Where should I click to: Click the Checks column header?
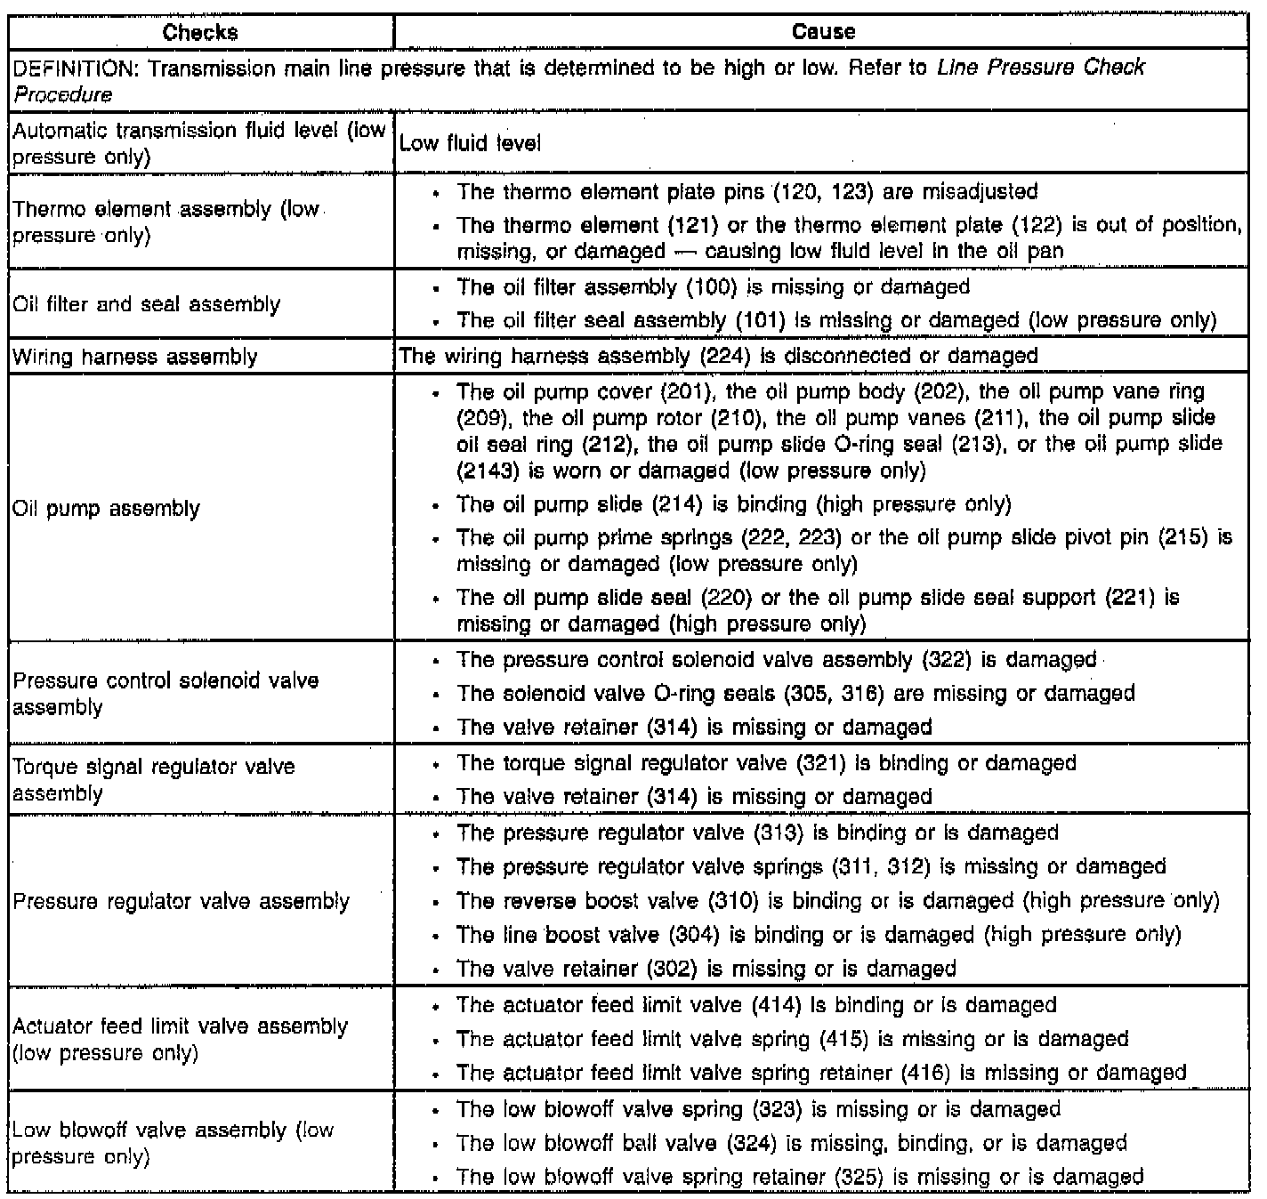(200, 33)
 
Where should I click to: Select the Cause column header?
(823, 33)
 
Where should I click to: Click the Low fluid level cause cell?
(470, 143)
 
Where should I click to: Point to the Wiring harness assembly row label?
(135, 358)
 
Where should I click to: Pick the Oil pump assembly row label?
(107, 509)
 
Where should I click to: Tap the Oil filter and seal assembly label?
(146, 305)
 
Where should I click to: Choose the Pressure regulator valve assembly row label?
(182, 902)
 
